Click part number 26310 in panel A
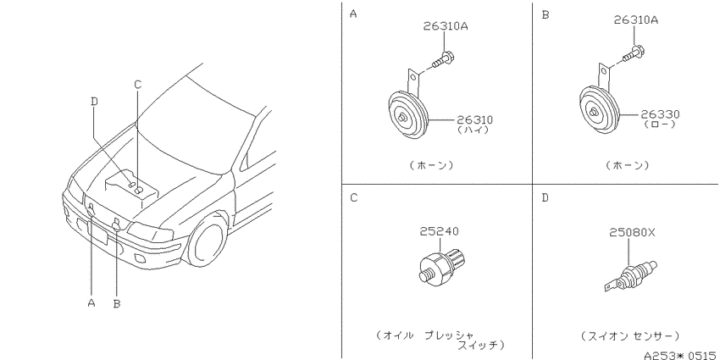point(474,120)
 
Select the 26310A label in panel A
point(446,26)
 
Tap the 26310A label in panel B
point(636,20)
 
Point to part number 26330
point(661,114)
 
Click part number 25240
point(439,231)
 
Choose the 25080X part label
point(632,233)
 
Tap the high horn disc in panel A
point(407,115)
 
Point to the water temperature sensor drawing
point(630,276)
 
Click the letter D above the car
point(94,102)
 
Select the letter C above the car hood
point(138,85)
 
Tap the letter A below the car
point(91,302)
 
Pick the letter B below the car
point(117,303)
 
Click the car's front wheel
point(208,241)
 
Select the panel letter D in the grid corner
point(545,198)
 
